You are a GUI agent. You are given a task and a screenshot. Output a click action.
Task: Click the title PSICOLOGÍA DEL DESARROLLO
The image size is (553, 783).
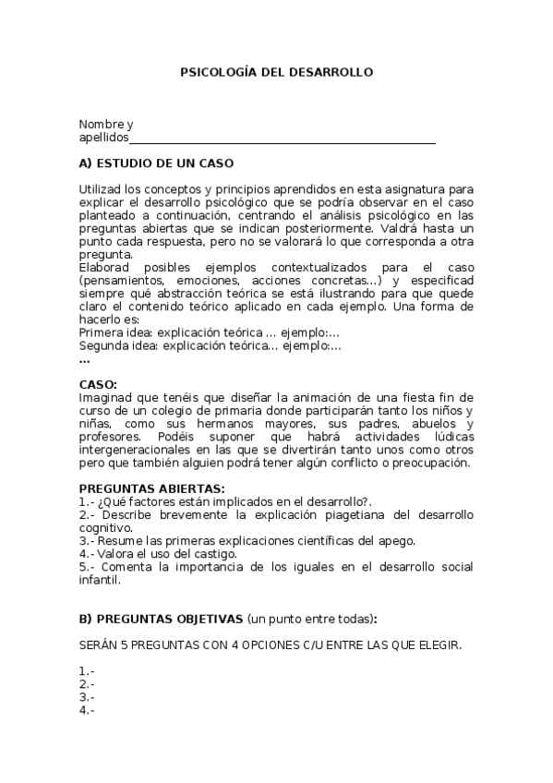point(276,71)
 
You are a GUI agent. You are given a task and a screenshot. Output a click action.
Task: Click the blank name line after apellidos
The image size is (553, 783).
point(283,139)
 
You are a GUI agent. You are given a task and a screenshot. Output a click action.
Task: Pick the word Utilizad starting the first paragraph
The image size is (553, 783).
point(100,189)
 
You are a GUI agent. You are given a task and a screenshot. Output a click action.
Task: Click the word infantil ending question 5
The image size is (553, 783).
point(99,581)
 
